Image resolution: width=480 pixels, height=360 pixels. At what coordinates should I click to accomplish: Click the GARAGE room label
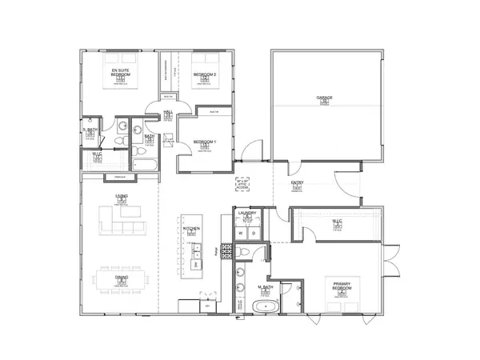325,98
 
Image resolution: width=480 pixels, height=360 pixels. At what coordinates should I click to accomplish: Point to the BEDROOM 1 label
204,142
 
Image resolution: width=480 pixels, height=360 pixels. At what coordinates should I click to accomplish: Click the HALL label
168,114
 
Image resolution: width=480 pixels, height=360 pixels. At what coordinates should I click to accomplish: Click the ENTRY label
297,183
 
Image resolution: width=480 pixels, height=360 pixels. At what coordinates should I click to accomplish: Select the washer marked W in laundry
241,233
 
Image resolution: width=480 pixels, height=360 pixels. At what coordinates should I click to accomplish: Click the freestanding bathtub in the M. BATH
264,306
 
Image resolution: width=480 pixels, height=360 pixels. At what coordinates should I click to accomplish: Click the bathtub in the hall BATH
146,166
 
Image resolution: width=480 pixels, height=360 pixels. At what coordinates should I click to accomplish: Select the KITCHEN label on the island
191,230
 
